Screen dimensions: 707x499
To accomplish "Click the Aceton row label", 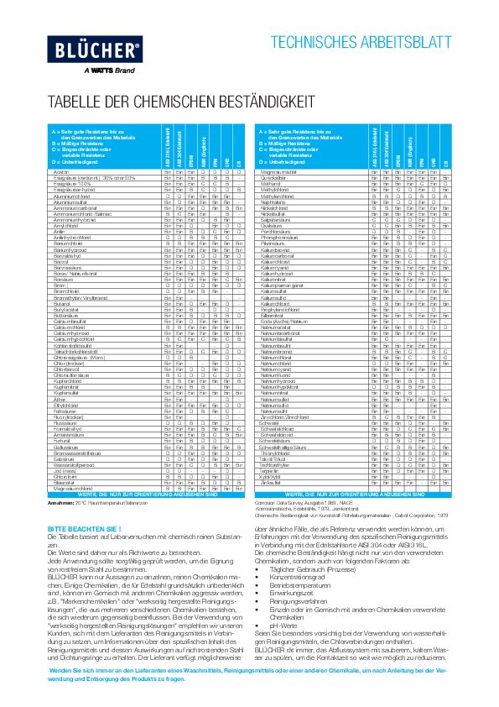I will coord(60,170).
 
